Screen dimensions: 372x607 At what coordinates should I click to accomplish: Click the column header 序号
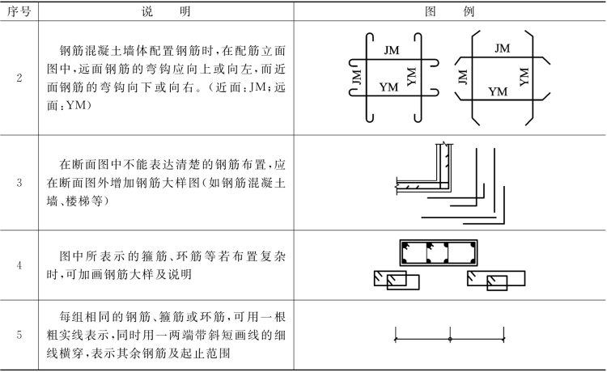19,12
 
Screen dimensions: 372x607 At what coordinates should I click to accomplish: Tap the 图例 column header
460,12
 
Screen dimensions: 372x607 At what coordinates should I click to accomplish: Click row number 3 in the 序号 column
19,182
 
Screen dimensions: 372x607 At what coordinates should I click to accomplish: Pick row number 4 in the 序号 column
19,264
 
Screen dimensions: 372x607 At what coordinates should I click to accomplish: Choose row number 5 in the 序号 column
19,334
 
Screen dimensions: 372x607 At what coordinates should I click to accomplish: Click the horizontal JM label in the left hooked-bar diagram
392,51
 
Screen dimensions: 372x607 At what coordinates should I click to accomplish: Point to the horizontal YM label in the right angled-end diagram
499,91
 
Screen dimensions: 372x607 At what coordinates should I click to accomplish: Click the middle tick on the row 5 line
450,334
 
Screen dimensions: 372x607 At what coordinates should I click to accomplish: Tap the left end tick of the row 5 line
395,334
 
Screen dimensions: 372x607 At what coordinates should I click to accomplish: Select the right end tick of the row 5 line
504,334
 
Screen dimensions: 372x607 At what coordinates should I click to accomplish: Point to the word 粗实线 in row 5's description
78,335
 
